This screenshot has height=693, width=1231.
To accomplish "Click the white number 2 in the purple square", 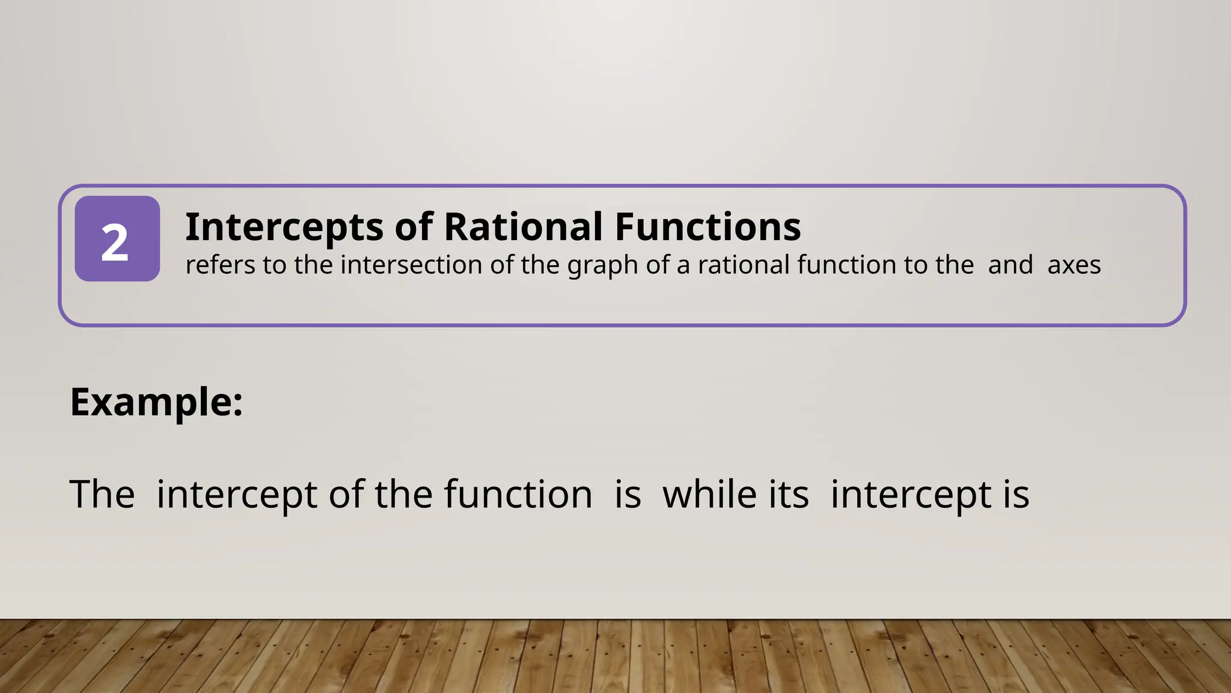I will pos(115,242).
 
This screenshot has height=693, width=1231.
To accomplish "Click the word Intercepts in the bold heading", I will pos(284,227).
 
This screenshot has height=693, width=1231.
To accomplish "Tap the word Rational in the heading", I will pos(523,227).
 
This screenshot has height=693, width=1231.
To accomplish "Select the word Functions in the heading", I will pos(707,227).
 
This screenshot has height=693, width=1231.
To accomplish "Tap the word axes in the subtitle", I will pos(1074,265).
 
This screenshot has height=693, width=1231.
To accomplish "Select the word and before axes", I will pos(1010,265).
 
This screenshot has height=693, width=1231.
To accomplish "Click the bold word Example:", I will pos(156,402).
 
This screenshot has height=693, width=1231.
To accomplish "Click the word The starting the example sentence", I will pos(102,494).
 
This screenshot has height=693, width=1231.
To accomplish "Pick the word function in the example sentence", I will pos(518,494).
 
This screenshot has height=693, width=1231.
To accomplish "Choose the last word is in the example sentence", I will pos(1015,494).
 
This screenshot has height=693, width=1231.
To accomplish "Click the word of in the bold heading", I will pos(414,227).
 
